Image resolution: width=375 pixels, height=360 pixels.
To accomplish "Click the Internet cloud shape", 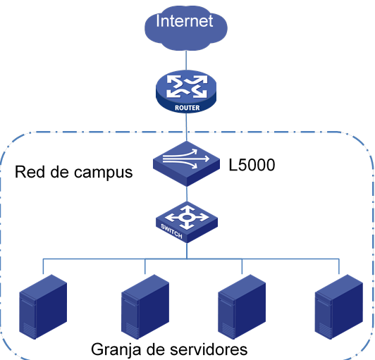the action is coord(186,28).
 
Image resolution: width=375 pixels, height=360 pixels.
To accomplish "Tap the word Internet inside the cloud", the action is coord(185,21).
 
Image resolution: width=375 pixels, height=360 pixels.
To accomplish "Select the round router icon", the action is coord(186,91).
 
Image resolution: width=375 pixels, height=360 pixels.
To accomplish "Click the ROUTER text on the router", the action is coord(187,108).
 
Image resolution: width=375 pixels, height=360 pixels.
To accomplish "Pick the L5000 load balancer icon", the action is coord(186,163).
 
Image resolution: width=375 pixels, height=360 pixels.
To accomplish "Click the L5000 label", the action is coord(252,165).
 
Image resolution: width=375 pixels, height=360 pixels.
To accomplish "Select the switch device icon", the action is coord(187,222).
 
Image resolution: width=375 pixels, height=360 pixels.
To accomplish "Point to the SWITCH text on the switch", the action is coord(171,231).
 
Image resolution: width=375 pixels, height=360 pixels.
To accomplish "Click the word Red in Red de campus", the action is coord(30,172).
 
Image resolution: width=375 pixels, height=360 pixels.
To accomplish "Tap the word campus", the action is coord(104,173).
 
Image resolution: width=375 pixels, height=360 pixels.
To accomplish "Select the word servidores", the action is coord(209,349).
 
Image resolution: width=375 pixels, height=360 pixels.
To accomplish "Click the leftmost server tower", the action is coord(43,306).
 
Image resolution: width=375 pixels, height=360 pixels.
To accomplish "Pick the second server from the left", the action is coord(145,306).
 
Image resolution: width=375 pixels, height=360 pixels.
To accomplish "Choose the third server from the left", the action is coord(242,306).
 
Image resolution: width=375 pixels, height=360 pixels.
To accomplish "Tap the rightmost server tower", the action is coord(339,306).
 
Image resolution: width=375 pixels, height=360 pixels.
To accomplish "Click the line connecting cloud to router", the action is coord(186,61).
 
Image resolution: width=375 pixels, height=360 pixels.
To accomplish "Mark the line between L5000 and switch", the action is coord(187,194).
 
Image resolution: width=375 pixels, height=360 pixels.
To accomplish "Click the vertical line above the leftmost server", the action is coord(43,266).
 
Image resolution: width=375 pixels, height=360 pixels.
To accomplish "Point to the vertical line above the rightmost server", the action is coord(339,266).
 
